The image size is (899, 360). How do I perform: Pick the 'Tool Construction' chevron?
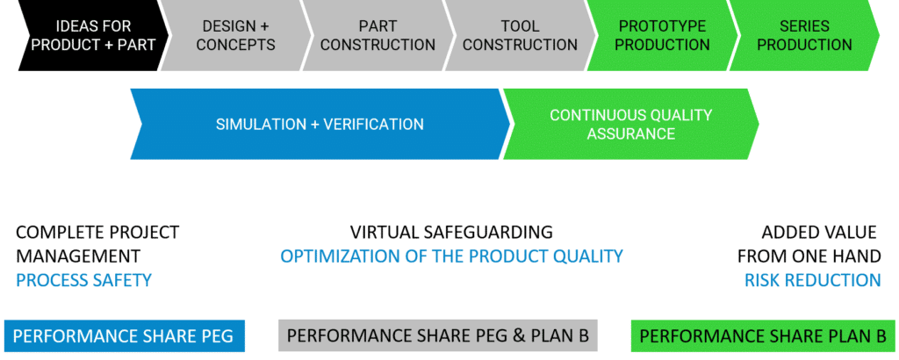click(x=520, y=35)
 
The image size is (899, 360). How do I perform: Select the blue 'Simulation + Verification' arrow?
click(x=320, y=124)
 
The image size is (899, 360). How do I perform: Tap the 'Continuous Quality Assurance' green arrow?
click(x=630, y=124)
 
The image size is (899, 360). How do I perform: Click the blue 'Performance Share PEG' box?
click(x=124, y=336)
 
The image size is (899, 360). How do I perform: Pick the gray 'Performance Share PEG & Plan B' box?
click(x=438, y=336)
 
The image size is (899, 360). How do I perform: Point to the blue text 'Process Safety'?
click(x=83, y=280)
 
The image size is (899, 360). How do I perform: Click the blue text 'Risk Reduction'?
click(x=812, y=280)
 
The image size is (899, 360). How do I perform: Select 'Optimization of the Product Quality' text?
click(x=452, y=256)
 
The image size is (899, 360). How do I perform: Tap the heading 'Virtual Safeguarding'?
click(x=452, y=232)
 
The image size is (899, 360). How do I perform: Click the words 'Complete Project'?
click(x=97, y=232)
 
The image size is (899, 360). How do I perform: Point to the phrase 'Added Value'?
click(x=819, y=232)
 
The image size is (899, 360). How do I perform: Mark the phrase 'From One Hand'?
click(x=809, y=256)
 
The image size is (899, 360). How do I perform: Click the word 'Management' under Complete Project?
click(x=78, y=256)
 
